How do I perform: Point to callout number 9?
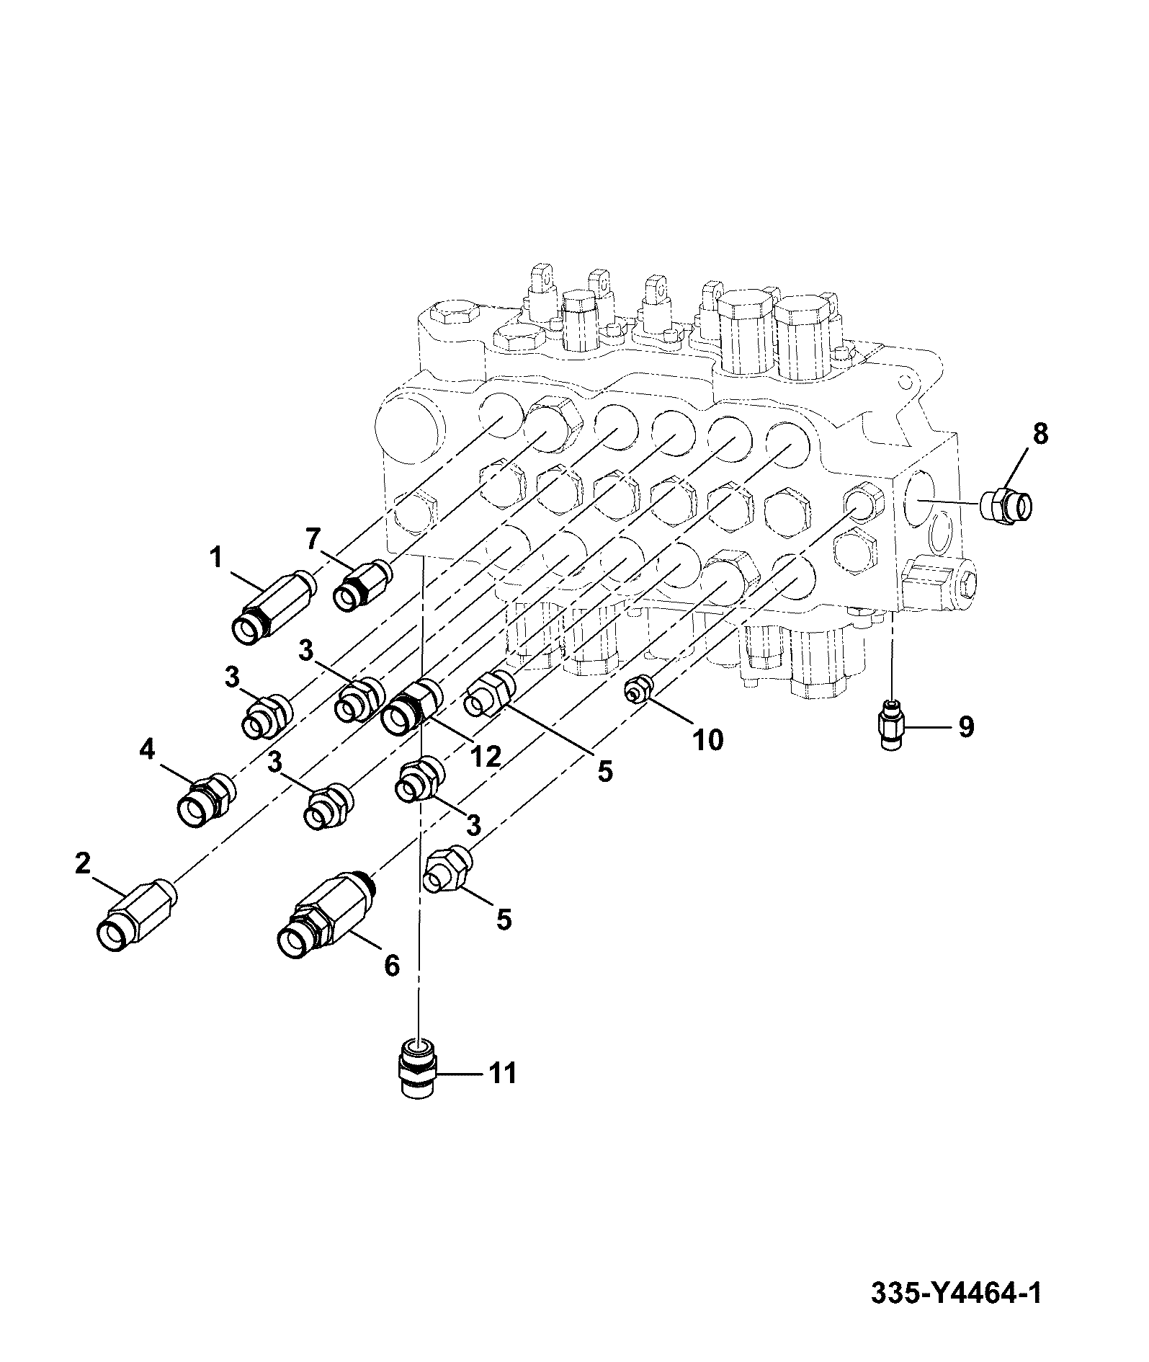pyautogui.click(x=965, y=726)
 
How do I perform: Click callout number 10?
pyautogui.click(x=707, y=739)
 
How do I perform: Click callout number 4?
pyautogui.click(x=146, y=750)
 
